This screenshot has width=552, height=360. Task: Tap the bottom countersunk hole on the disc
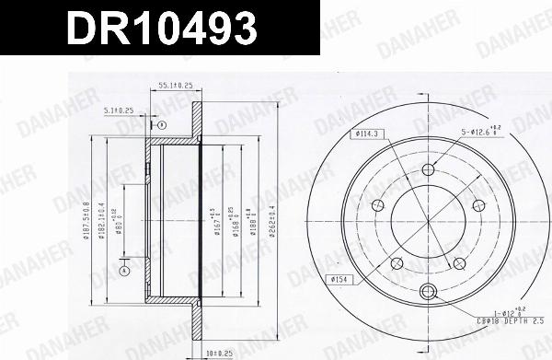coord(428,293)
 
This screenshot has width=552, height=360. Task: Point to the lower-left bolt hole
coord(397,263)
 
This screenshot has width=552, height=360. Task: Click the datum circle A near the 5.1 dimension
coord(161,124)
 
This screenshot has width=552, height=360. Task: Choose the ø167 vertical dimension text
coord(214,221)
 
